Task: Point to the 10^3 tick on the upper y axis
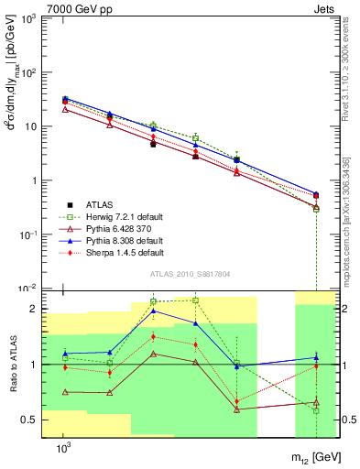[x=27, y=19]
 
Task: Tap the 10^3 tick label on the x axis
[x=64, y=447]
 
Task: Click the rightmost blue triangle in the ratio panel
[x=316, y=357]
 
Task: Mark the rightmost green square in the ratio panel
[x=316, y=410]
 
